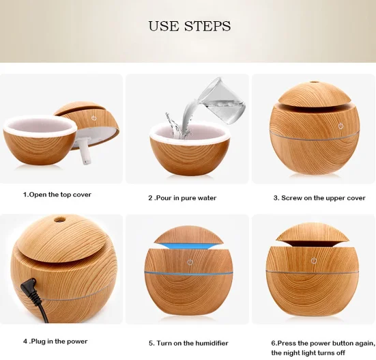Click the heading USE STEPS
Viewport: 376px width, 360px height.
pos(190,26)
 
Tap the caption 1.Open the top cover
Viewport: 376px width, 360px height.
pos(57,195)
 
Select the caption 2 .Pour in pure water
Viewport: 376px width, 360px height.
pos(182,198)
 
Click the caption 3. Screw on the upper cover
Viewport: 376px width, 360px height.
pos(319,198)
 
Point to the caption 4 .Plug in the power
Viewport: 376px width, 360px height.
pos(55,342)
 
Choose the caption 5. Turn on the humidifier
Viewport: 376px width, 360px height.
pos(188,343)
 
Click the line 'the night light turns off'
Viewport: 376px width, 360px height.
pos(308,352)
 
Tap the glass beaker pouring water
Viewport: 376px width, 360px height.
pos(222,101)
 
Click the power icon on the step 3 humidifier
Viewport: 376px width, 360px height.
pos(341,126)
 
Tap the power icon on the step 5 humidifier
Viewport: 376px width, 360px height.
pos(190,262)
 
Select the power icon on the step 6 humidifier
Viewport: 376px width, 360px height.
pos(314,261)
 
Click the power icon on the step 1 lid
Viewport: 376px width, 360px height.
pos(93,118)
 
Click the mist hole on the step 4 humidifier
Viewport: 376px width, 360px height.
pos(59,219)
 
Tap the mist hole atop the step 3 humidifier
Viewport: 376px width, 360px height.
pos(313,83)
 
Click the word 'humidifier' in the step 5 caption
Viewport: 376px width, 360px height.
pos(212,343)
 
